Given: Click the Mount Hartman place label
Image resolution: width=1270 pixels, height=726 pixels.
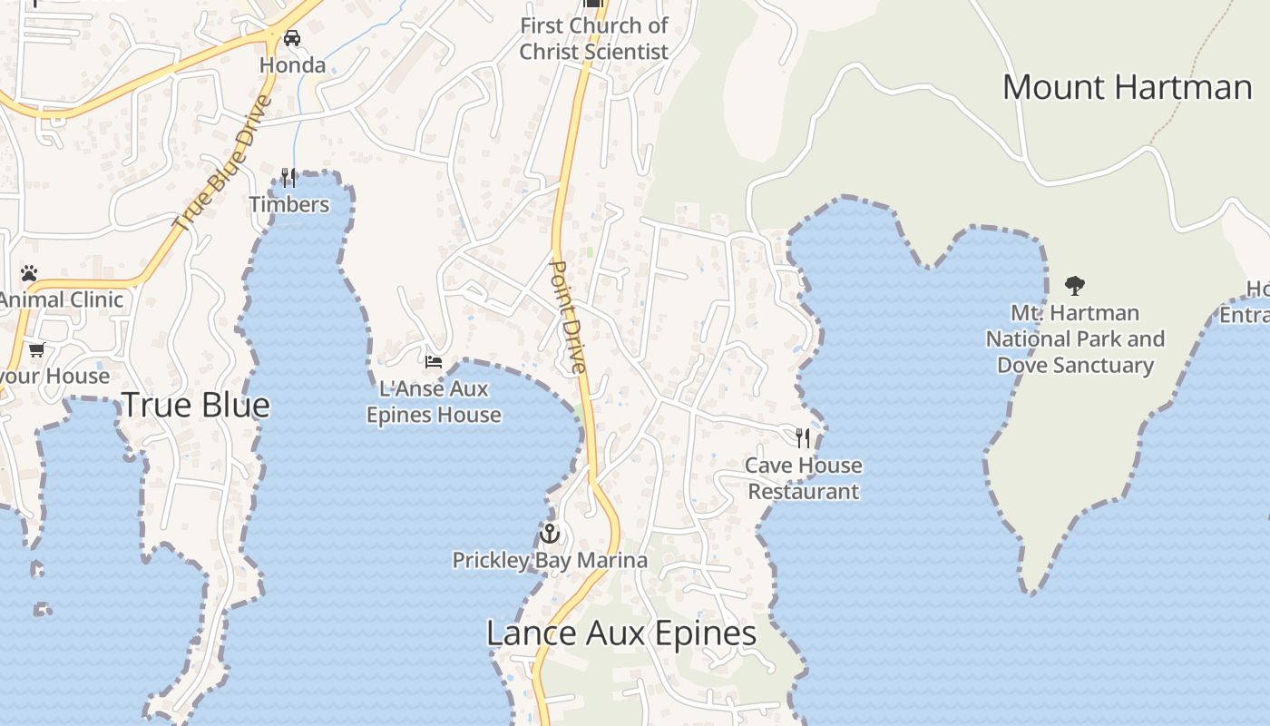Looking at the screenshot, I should [x=1127, y=87].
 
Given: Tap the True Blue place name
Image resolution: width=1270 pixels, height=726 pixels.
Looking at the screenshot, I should [x=196, y=405].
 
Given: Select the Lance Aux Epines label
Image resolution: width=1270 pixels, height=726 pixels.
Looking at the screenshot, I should [x=621, y=633].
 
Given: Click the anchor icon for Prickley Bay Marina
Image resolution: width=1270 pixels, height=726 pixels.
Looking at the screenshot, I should [x=549, y=533].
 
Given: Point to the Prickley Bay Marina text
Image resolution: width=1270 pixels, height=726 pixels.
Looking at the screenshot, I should [x=550, y=560].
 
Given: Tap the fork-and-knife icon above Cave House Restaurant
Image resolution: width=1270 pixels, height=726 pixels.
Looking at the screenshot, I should [x=803, y=438].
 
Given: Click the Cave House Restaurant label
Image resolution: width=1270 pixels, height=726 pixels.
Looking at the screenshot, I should [x=803, y=478].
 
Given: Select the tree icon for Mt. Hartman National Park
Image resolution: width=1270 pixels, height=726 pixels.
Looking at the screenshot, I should [x=1075, y=286].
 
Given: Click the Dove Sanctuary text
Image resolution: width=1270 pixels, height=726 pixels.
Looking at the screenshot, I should [x=1075, y=365].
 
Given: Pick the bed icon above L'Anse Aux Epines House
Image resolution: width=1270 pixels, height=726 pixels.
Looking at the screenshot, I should [x=434, y=362].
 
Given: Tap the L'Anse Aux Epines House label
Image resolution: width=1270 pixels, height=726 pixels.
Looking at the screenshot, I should [x=434, y=402].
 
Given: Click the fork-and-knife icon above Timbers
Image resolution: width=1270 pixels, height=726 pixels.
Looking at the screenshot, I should [x=288, y=177].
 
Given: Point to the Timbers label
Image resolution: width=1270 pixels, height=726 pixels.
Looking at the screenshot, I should [x=289, y=204].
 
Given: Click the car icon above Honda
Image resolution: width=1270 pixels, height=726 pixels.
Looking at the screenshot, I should [x=292, y=38].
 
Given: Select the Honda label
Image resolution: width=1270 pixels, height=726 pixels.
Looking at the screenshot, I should [x=292, y=65].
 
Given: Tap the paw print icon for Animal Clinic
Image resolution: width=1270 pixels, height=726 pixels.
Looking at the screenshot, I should [x=29, y=273].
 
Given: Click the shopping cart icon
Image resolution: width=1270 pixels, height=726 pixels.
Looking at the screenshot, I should [x=36, y=349].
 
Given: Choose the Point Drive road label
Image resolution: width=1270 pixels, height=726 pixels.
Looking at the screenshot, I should [x=570, y=317].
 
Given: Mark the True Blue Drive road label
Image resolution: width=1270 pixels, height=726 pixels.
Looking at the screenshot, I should [x=222, y=162].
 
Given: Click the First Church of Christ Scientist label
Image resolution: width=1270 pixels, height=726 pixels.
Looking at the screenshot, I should [x=594, y=39].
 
